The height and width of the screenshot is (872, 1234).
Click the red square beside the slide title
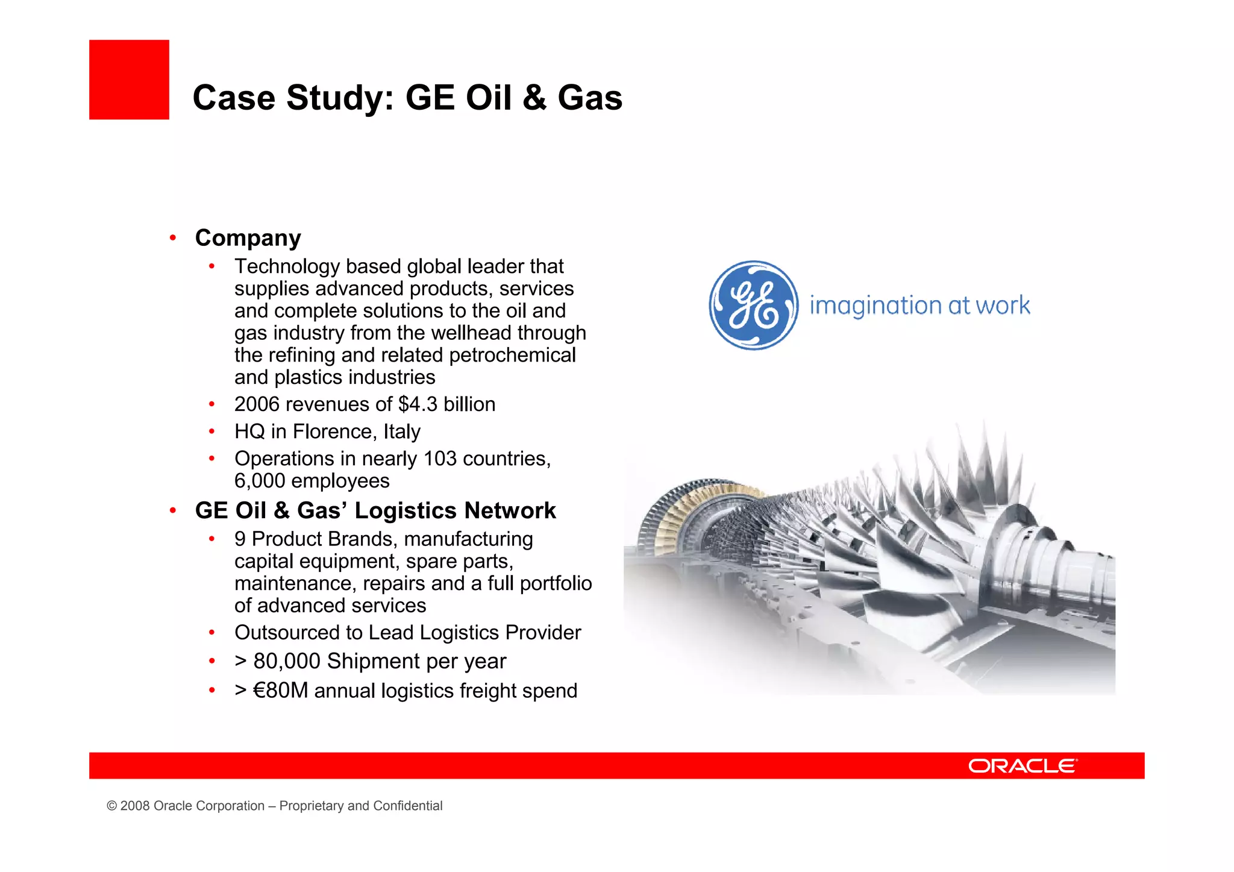129,80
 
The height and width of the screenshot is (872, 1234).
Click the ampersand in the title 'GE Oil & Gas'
534,98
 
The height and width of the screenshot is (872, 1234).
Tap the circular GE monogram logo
753,305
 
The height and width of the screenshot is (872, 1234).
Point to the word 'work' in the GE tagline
1003,306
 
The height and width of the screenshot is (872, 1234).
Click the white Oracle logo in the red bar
1023,765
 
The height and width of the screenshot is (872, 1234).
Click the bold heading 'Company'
248,238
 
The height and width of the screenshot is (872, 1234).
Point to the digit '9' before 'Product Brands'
240,539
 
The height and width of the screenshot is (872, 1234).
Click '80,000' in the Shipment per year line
287,661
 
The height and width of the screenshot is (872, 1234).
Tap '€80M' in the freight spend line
281,691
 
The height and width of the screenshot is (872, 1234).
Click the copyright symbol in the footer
111,806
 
